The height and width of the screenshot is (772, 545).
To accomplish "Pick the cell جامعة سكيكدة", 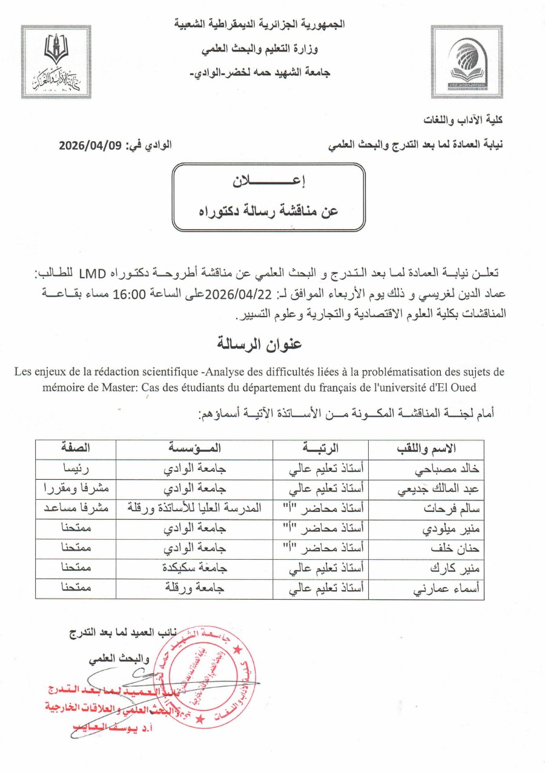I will point(194,569).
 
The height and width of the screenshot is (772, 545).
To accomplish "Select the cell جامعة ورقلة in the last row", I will point(194,589).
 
